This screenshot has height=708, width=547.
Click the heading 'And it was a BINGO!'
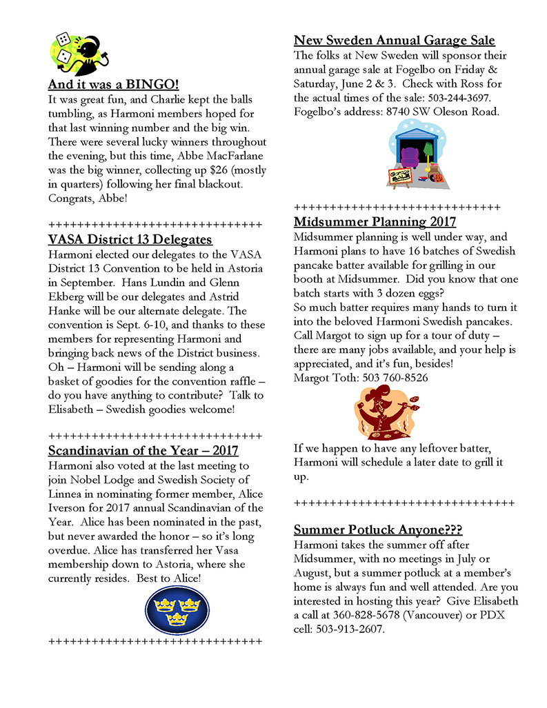113,85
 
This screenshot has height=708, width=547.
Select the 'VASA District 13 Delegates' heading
130,240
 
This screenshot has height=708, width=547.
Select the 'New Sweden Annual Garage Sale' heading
394,41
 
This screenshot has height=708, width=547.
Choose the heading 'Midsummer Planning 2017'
375,222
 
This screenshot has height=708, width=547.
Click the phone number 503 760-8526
393,378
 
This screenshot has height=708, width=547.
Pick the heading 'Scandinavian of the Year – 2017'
143,451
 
